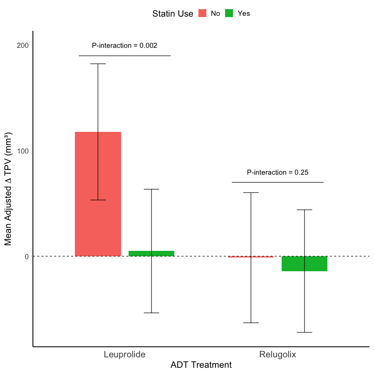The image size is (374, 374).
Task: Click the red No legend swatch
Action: point(203,13)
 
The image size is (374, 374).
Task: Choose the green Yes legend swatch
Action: point(229,13)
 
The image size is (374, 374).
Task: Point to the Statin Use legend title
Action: point(173,14)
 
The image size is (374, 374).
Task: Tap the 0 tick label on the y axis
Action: point(26,256)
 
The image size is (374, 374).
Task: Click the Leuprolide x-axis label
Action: point(124,355)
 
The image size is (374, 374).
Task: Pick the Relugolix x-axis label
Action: point(277,355)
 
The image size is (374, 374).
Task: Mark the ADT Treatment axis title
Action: point(201,365)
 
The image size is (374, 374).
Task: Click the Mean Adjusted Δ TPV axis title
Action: point(8,189)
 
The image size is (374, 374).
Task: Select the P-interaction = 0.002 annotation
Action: point(124,45)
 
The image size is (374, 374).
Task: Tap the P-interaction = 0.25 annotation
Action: point(277,172)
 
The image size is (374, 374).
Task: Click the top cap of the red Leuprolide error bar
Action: point(98,64)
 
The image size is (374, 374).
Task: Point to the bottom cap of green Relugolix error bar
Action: point(305,332)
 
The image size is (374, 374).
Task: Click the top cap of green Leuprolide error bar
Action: point(151,189)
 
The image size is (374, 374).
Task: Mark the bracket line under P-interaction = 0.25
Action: point(277,182)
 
